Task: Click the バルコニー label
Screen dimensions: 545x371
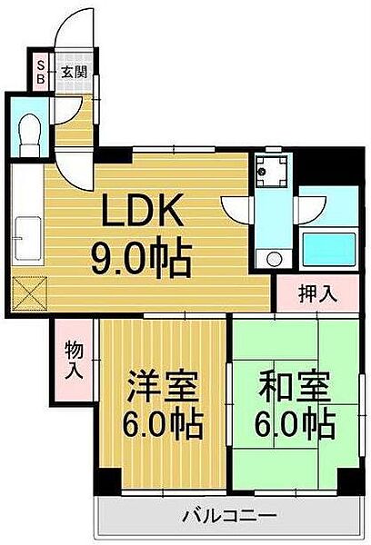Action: (x=227, y=515)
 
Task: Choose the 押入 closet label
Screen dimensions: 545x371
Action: (x=319, y=292)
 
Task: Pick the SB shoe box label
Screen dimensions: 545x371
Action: (x=41, y=71)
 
